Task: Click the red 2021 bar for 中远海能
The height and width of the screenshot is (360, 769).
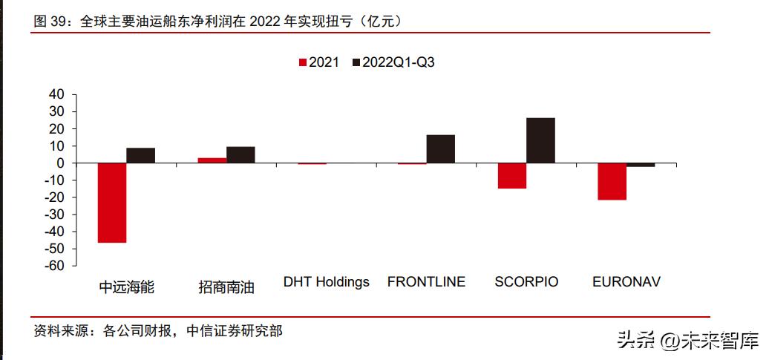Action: [x=112, y=203]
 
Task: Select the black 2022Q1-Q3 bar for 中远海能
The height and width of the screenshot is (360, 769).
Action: [x=141, y=156]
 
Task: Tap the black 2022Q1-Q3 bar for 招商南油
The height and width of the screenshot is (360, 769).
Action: [x=240, y=155]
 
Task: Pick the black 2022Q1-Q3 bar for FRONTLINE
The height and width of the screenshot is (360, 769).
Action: [x=441, y=149]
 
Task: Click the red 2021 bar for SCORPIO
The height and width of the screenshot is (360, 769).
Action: [x=512, y=176]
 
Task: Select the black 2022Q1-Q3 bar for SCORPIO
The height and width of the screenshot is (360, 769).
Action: [x=540, y=140]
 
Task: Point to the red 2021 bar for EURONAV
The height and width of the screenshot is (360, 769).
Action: [x=612, y=182]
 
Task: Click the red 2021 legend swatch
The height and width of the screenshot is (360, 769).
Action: [x=302, y=62]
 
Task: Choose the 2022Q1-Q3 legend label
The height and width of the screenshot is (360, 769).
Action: [x=398, y=62]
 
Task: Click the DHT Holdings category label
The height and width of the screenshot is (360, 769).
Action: [x=326, y=282]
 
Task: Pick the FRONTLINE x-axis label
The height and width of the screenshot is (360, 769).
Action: [x=426, y=282]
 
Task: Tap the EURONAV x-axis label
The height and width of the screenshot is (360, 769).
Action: [x=626, y=282]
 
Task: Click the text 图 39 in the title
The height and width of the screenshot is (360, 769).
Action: [x=50, y=22]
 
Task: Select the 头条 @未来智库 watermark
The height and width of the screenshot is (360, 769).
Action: [x=687, y=342]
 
